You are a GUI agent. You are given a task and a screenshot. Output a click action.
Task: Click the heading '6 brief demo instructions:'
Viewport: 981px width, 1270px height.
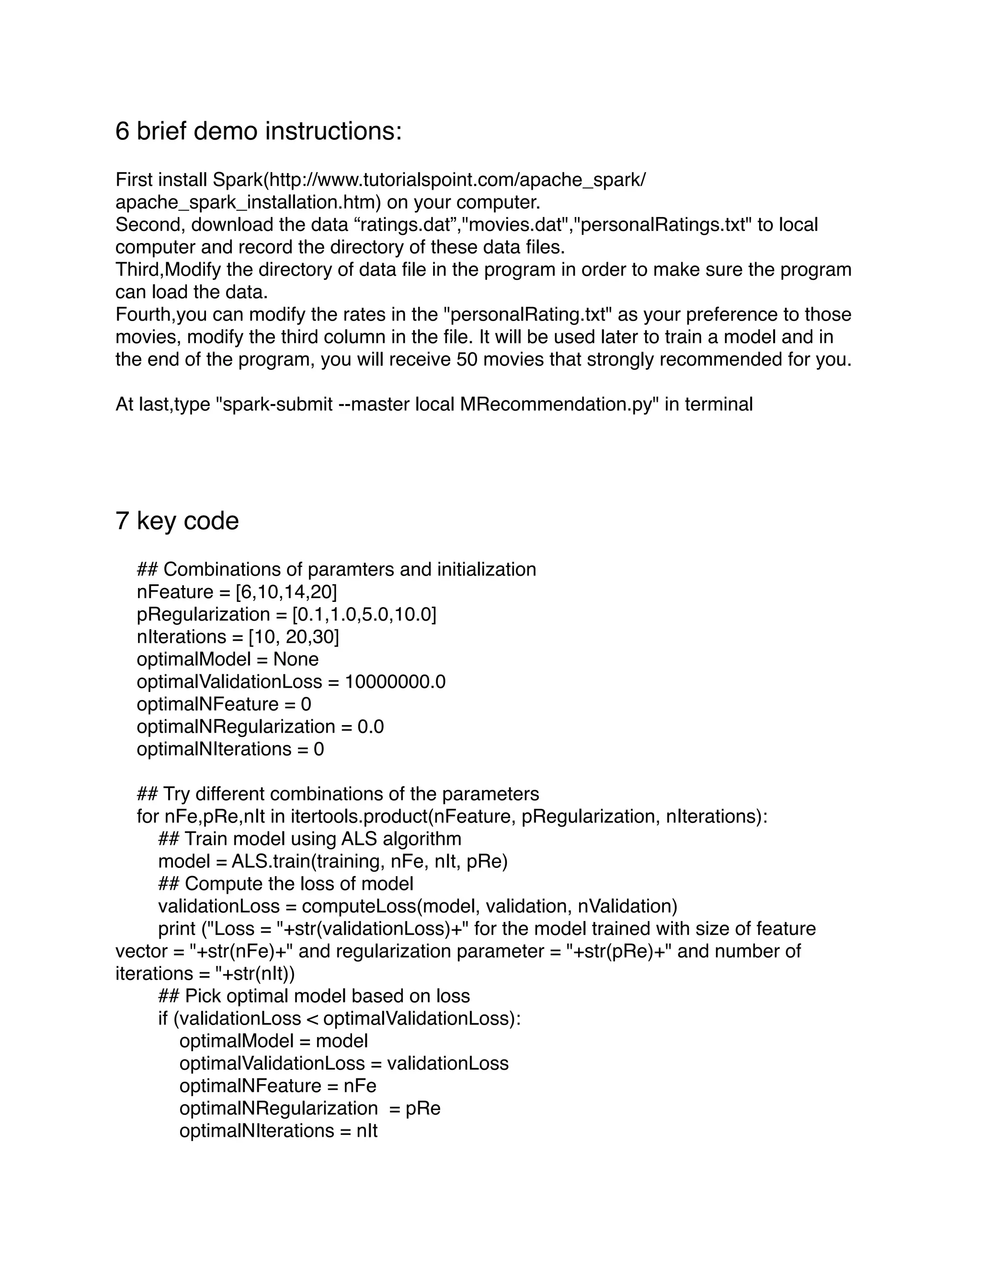258,131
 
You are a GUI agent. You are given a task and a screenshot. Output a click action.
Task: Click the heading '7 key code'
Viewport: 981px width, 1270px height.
177,520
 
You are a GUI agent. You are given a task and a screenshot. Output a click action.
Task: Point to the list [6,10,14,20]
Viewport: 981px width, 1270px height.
286,592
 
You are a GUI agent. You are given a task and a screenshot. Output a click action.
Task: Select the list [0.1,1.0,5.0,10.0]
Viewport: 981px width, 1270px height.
364,614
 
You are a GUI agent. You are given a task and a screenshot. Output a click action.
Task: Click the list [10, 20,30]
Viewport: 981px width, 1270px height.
294,637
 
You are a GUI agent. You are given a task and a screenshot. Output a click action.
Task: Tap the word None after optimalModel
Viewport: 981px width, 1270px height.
296,659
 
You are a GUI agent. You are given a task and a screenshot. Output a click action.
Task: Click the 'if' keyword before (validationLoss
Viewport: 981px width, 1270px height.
163,1018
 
